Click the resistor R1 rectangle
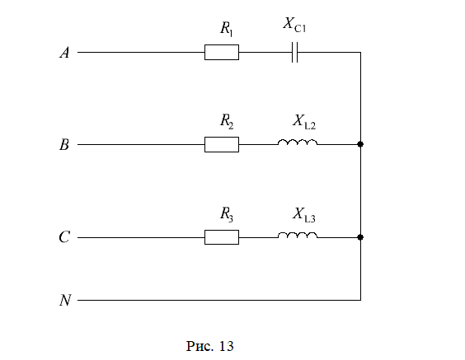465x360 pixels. pyautogui.click(x=222, y=53)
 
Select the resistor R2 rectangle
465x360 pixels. pyautogui.click(x=222, y=145)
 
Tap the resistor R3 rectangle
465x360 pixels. pyautogui.click(x=222, y=237)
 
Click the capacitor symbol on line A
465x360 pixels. pyautogui.click(x=294, y=53)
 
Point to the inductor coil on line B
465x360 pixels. pyautogui.click(x=298, y=143)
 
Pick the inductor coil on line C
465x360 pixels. pyautogui.click(x=298, y=236)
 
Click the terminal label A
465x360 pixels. pyautogui.click(x=64, y=53)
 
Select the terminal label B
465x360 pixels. pyautogui.click(x=64, y=145)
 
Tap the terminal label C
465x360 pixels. pyautogui.click(x=64, y=237)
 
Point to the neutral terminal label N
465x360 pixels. pyautogui.click(x=65, y=300)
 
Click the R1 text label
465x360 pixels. pyautogui.click(x=226, y=29)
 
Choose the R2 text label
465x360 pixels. pyautogui.click(x=227, y=121)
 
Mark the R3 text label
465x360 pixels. pyautogui.click(x=227, y=214)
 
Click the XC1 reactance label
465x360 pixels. pyautogui.click(x=294, y=25)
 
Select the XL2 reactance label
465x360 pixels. pyautogui.click(x=304, y=122)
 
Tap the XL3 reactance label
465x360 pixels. pyautogui.click(x=304, y=215)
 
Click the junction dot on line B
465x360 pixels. pyautogui.click(x=360, y=144)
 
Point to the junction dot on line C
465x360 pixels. pyautogui.click(x=360, y=237)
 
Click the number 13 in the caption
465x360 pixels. pyautogui.click(x=226, y=346)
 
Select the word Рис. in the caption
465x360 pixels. pyautogui.click(x=200, y=346)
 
